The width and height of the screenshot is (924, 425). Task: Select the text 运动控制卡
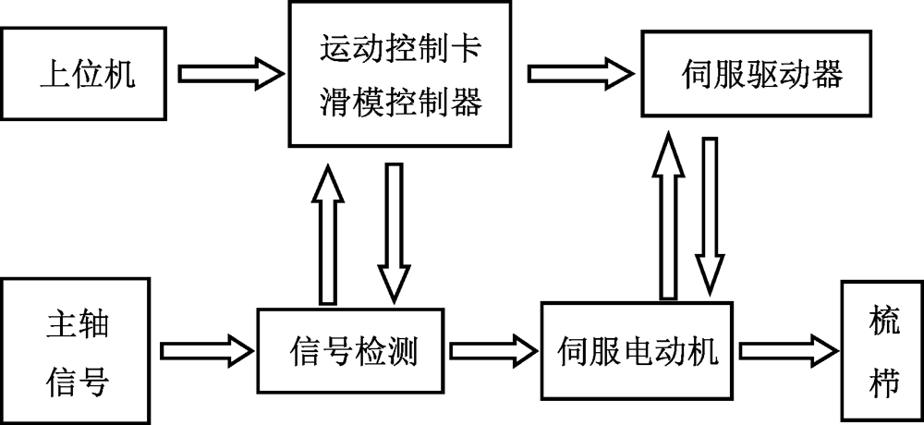tap(398, 48)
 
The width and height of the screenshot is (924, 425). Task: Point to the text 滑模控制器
tap(398, 102)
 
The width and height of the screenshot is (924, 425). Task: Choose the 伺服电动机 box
tap(639, 350)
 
